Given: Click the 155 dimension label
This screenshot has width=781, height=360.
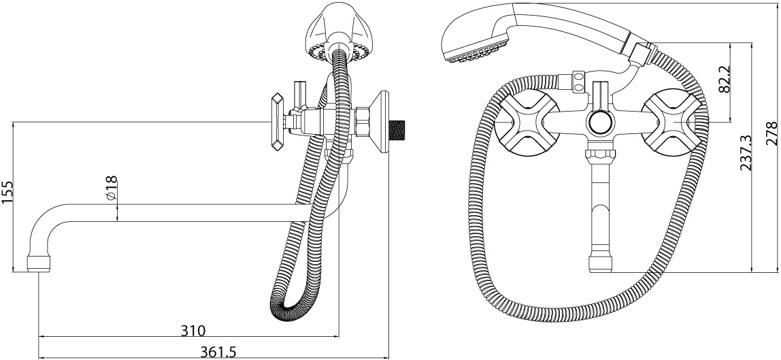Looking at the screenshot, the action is coord(7,193).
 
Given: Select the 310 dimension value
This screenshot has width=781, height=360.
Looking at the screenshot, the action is coord(192,330).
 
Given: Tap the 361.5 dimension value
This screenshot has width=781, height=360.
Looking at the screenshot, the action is coord(218,352).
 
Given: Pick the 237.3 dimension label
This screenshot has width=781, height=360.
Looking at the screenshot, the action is coord(746,153).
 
